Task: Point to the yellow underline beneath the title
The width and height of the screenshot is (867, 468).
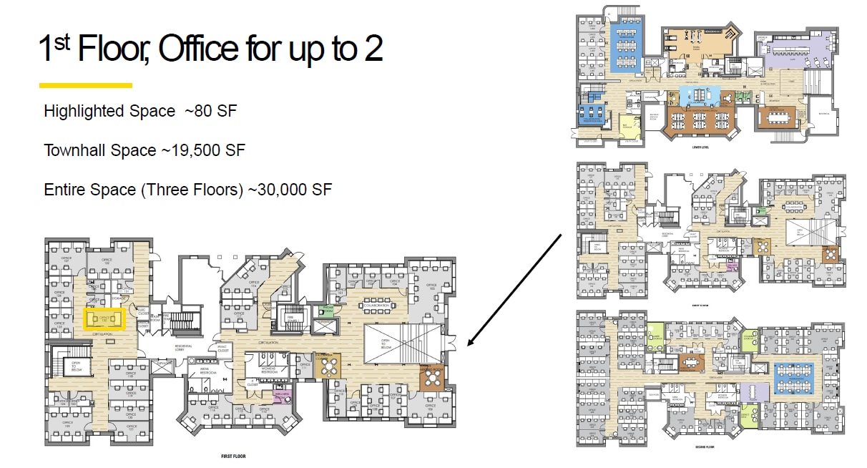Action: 86,85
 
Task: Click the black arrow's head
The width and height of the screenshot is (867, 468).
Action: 470,343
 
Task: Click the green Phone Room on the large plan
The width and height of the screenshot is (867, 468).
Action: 328,309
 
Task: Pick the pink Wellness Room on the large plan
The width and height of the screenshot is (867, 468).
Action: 281,394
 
